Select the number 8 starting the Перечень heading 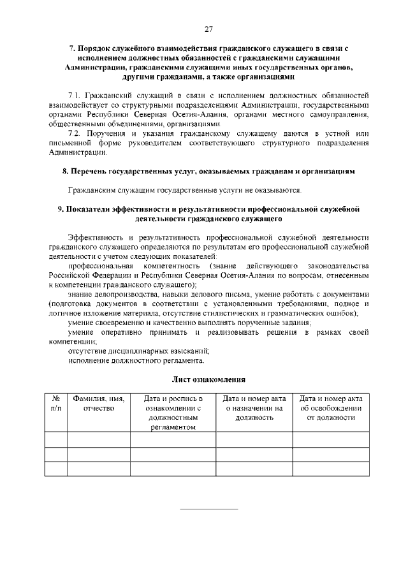click(x=64, y=172)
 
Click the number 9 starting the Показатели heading click(x=60, y=208)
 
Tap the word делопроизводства click(x=131, y=294)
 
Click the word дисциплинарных click(x=145, y=351)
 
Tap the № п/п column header click(x=55, y=403)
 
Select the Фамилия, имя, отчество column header click(x=98, y=403)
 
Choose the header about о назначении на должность click(x=254, y=408)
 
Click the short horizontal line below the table click(x=208, y=509)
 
